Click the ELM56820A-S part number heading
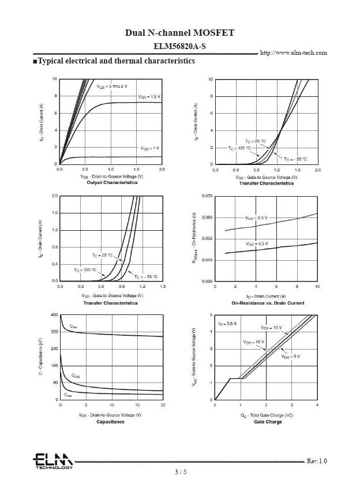coord(179,46)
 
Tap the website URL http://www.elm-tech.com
coord(294,53)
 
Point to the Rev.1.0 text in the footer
coord(317,461)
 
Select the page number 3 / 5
coord(181,472)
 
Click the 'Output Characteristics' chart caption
coord(112,183)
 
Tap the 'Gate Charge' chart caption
coord(268,422)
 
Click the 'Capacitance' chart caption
coord(110,422)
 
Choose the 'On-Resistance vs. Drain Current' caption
coord(268,303)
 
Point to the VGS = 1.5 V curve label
coord(149,96)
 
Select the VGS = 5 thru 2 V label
coord(112,86)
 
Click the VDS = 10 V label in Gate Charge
coord(271,328)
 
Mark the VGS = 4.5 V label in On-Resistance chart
coord(257,244)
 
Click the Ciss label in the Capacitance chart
coord(73,327)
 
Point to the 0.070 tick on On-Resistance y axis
coord(207,196)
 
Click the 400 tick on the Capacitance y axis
coord(55,315)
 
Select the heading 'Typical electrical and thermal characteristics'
coord(114,61)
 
